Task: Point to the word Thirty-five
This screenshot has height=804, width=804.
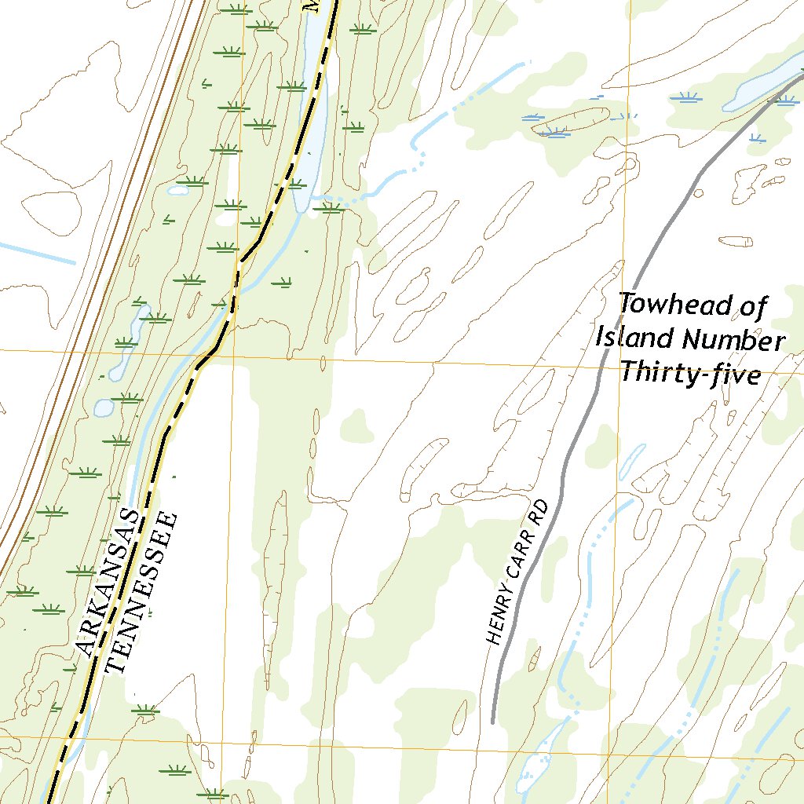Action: click(690, 373)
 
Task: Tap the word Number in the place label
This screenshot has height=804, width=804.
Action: click(733, 341)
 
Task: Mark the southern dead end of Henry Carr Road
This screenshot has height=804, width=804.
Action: click(492, 721)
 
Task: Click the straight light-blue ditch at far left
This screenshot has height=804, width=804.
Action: click(35, 254)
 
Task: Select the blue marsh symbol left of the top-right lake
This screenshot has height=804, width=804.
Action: click(688, 97)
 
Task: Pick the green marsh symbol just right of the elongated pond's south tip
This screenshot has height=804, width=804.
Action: click(331, 207)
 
